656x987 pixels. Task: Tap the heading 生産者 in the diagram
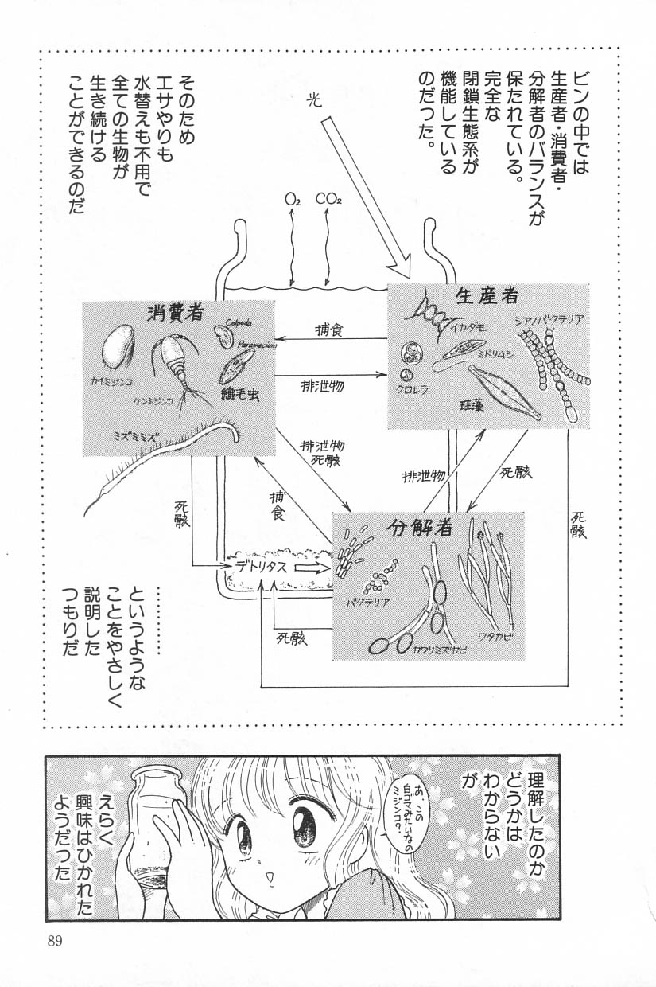point(487,296)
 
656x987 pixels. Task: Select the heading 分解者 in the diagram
point(421,527)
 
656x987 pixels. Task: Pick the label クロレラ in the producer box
point(414,391)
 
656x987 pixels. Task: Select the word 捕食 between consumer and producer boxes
point(328,330)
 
